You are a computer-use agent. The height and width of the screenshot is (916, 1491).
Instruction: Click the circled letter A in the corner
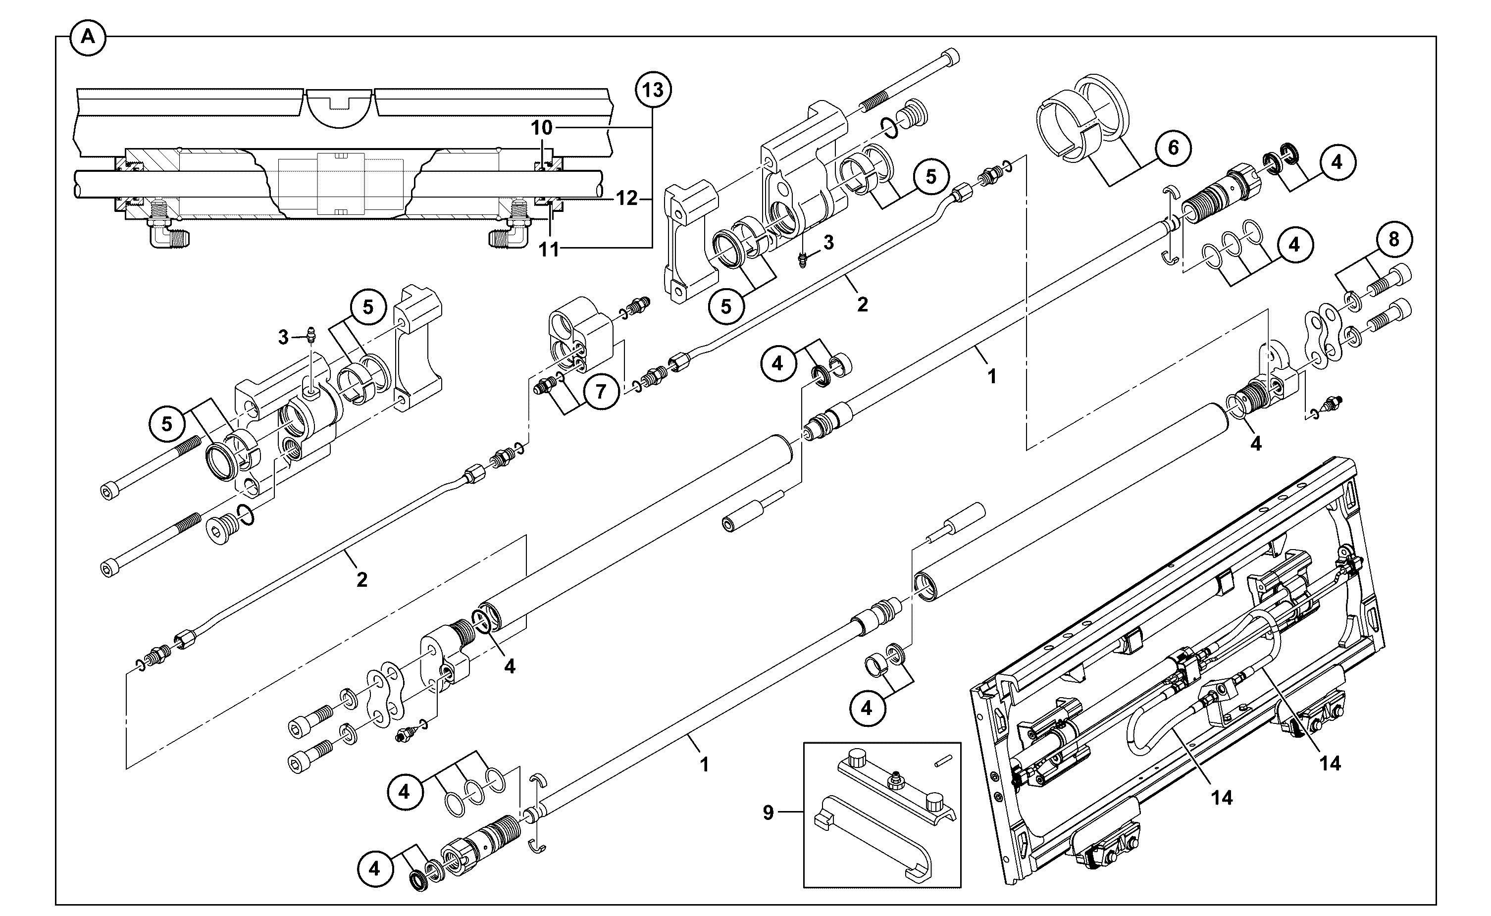pos(89,38)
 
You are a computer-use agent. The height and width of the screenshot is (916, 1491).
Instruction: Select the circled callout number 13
pos(653,90)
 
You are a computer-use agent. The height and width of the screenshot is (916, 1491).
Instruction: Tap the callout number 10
pos(542,128)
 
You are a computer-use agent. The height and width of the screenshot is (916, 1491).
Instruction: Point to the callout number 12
pos(626,198)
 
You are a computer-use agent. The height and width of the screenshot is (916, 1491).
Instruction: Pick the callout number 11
pos(549,249)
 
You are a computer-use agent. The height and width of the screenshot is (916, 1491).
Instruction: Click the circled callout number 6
pos(1174,147)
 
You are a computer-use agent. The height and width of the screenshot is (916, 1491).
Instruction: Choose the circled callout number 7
pos(600,391)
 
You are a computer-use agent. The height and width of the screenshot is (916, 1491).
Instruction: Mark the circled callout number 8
pos(1394,239)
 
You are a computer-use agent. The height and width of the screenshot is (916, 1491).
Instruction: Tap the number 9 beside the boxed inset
pos(768,813)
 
